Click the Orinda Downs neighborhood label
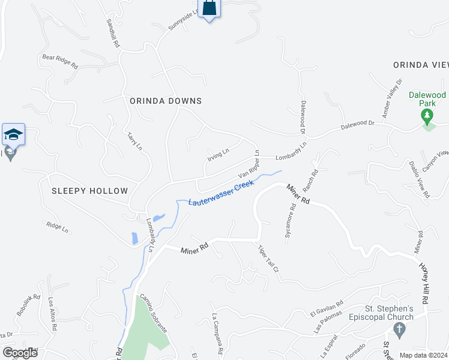(x=166, y=101)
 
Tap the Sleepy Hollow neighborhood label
(x=89, y=191)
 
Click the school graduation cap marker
(x=13, y=135)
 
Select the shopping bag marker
(x=208, y=8)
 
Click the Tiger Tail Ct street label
(x=268, y=259)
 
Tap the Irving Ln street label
(x=218, y=154)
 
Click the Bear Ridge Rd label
(x=60, y=61)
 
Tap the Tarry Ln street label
(x=134, y=141)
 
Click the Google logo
(x=20, y=352)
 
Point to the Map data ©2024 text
(x=424, y=355)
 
